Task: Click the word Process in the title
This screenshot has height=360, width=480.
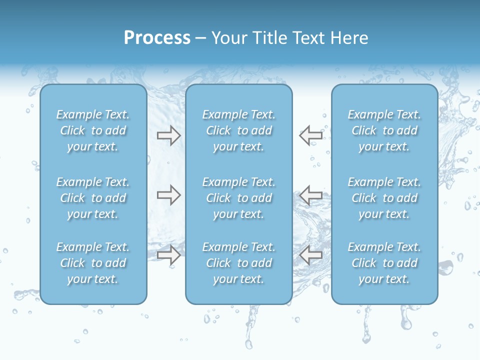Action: tap(157, 38)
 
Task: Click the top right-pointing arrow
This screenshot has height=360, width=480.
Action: tap(168, 135)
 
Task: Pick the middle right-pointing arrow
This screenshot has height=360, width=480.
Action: tap(168, 195)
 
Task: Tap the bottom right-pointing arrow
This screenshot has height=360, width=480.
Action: tap(168, 255)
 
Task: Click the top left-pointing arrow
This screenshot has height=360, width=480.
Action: tap(311, 135)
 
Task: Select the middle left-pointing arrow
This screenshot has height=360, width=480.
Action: tap(311, 195)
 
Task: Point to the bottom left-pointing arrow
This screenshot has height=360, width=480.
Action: tap(311, 255)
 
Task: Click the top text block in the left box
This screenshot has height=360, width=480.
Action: tap(93, 130)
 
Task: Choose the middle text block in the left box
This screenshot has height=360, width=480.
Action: tap(93, 198)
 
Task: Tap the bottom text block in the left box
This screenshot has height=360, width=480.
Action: tap(93, 263)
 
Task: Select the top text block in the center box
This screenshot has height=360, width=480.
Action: tap(239, 130)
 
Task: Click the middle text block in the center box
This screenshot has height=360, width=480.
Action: tap(239, 198)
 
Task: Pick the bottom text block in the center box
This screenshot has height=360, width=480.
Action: tap(239, 263)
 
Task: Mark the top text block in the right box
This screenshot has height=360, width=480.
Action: tap(384, 130)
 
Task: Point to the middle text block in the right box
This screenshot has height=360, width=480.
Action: tap(384, 198)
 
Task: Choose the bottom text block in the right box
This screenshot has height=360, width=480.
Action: tap(384, 263)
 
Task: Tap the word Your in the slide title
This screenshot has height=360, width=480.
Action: tap(228, 38)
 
